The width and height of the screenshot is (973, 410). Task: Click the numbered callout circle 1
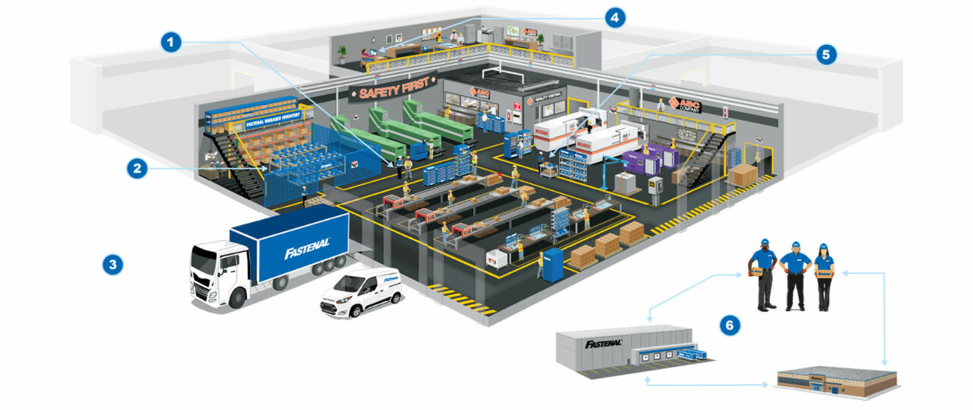click(x=172, y=42)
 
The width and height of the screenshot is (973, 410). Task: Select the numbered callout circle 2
click(x=138, y=168)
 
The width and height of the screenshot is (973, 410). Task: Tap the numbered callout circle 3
click(x=113, y=265)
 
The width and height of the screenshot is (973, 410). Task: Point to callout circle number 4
click(x=614, y=17)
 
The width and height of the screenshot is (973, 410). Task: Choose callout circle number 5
click(x=826, y=54)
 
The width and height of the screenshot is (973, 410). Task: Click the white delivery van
click(x=361, y=292)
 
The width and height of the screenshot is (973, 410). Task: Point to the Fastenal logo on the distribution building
click(x=604, y=343)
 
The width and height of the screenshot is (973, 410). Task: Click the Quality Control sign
click(x=544, y=97)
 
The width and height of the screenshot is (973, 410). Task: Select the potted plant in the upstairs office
click(x=341, y=53)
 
